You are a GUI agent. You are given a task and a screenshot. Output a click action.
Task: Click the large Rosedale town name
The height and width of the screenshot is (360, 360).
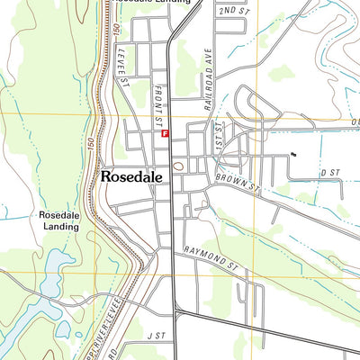point(131,177)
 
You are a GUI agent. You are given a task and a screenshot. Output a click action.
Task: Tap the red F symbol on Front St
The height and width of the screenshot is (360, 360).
point(166,132)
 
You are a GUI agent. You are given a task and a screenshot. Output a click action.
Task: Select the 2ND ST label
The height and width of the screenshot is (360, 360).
point(231,10)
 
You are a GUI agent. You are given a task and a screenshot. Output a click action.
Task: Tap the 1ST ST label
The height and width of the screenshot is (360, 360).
point(216,135)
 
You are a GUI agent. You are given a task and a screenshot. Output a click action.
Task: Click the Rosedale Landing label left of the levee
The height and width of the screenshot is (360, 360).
point(58,221)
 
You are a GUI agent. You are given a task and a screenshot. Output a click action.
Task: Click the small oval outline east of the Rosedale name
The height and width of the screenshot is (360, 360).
point(178,166)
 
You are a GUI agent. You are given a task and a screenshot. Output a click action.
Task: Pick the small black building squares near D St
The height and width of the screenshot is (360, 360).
point(292,156)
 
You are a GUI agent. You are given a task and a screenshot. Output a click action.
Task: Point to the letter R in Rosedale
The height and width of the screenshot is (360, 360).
point(107,177)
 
